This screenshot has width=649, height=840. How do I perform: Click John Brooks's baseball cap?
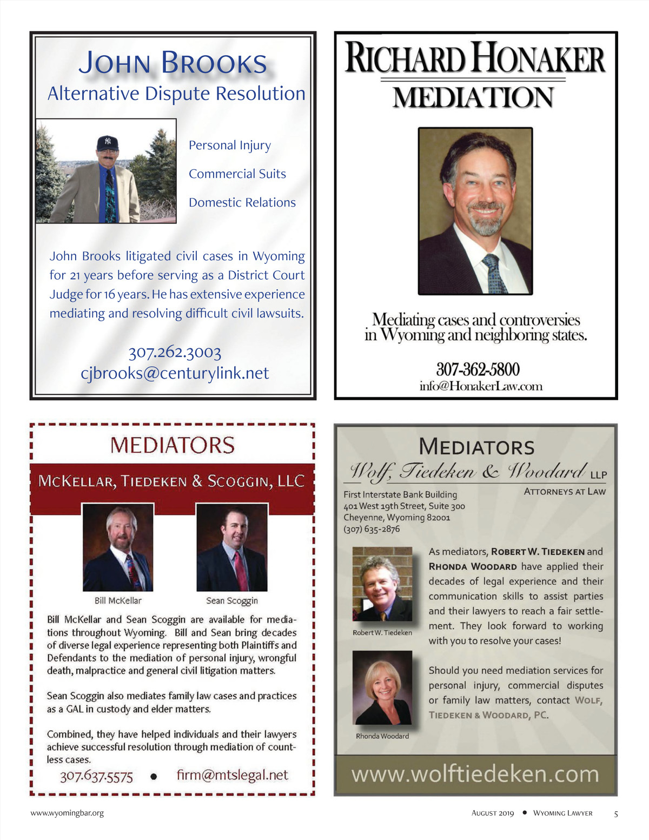point(107,143)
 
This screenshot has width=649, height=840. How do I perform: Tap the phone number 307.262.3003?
point(175,353)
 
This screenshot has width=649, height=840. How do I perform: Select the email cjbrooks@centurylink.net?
point(175,373)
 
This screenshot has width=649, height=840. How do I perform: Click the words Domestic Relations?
point(242,202)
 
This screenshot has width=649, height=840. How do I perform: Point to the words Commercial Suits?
point(237,174)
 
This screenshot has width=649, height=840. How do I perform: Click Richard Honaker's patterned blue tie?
point(495,274)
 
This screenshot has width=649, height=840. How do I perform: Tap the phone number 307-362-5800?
point(478,369)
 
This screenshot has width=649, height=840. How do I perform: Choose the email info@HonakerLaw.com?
point(481,386)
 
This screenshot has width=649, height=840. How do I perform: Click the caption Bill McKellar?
point(118,600)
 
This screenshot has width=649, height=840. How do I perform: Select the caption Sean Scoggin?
point(232,600)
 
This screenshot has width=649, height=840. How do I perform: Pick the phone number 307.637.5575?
point(96,777)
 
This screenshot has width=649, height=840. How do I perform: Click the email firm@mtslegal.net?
point(233,775)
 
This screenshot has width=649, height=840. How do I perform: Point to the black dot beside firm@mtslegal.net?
point(154,777)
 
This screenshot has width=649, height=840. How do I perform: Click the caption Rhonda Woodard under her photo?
point(382,736)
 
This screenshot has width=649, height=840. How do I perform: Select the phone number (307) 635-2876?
point(372,529)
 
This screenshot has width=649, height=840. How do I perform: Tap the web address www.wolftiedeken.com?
point(475,774)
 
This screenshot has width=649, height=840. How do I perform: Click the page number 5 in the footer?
point(616,813)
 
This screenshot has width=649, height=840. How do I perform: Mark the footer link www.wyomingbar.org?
point(67,813)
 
